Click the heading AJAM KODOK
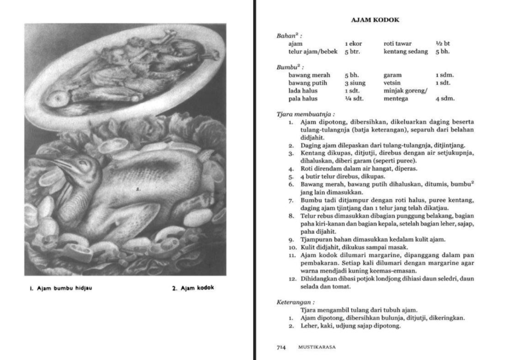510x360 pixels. (x=375, y=20)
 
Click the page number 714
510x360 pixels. (x=282, y=347)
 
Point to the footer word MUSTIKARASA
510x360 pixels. (x=317, y=347)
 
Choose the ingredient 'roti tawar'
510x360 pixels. (x=398, y=43)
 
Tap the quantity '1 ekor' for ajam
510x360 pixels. (x=353, y=43)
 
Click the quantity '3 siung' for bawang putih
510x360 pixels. (x=355, y=83)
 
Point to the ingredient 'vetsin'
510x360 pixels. (x=392, y=83)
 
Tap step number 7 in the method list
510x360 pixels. (x=291, y=200)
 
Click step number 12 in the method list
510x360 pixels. (x=292, y=279)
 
